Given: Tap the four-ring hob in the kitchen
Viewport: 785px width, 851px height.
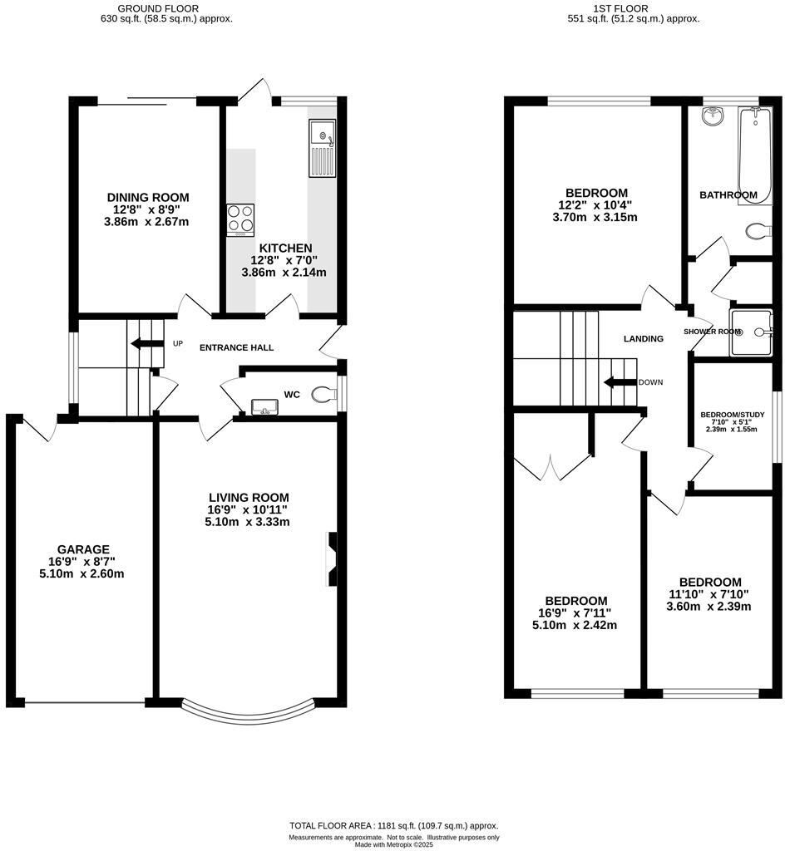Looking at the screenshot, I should pyautogui.click(x=240, y=220).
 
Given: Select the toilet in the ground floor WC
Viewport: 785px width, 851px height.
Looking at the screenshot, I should pyautogui.click(x=322, y=395).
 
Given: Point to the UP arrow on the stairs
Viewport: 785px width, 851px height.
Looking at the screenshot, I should pyautogui.click(x=146, y=344).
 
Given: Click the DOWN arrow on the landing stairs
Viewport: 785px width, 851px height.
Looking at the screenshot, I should pyautogui.click(x=619, y=382).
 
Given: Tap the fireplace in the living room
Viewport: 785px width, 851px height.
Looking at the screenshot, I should pyautogui.click(x=332, y=559).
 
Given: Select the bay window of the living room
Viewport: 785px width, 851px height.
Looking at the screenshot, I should pyautogui.click(x=248, y=710).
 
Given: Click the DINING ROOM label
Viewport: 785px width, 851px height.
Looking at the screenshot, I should pyautogui.click(x=148, y=197).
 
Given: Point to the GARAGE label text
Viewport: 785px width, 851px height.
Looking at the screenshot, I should pyautogui.click(x=83, y=549).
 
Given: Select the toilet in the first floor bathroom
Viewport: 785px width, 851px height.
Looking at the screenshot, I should pyautogui.click(x=758, y=230).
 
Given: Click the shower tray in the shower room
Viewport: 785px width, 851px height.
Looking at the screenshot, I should pyautogui.click(x=751, y=332).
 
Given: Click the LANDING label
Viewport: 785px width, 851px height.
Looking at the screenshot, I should pyautogui.click(x=644, y=338).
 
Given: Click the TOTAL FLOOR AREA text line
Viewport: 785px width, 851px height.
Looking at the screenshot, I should pyautogui.click(x=393, y=825).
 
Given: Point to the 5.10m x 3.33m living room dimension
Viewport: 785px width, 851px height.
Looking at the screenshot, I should pyautogui.click(x=249, y=522).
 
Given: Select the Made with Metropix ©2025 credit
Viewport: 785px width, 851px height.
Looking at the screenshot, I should pyautogui.click(x=393, y=844).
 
